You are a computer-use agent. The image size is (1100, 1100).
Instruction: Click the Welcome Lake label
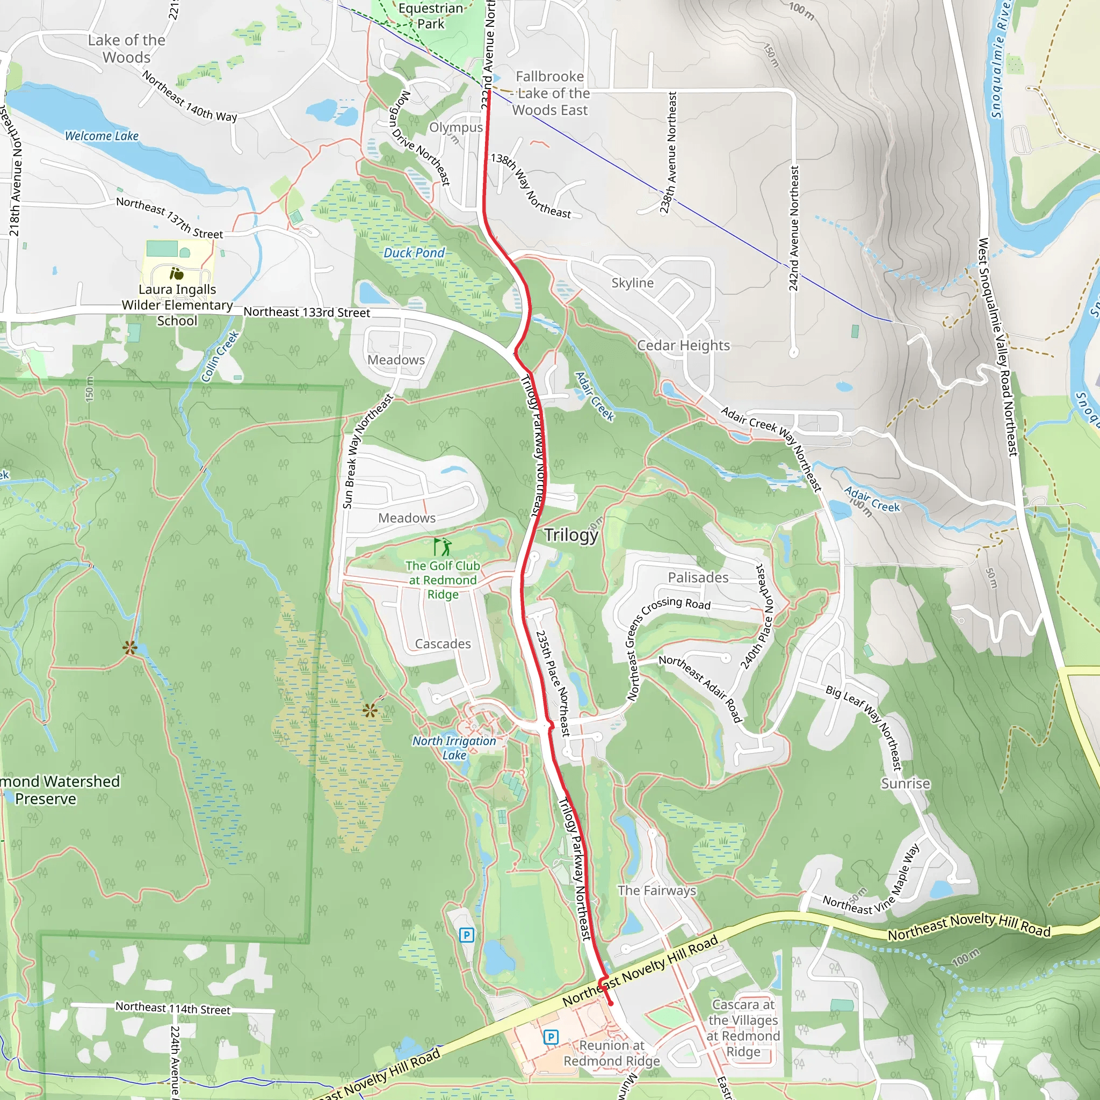(x=102, y=136)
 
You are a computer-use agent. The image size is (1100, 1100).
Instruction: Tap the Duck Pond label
(x=414, y=253)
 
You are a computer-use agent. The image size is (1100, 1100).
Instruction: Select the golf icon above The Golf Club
(x=443, y=547)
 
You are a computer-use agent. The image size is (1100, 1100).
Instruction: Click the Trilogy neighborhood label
(x=571, y=534)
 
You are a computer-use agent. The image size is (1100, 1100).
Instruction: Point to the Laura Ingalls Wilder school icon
(x=177, y=274)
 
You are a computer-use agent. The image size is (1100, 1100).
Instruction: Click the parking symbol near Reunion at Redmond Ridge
(x=551, y=1037)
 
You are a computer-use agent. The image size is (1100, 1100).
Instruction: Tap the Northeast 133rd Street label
(x=307, y=313)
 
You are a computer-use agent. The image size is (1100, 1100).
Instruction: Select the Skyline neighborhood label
(x=633, y=283)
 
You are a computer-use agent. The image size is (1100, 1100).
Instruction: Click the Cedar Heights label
(x=683, y=345)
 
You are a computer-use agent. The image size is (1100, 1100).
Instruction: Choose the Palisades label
(x=698, y=577)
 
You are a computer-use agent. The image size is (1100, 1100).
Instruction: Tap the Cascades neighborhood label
(x=443, y=644)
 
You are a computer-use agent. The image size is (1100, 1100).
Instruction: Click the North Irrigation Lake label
(x=454, y=748)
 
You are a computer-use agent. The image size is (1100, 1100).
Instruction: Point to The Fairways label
(x=657, y=891)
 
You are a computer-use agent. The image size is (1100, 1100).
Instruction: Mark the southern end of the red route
(x=611, y=1003)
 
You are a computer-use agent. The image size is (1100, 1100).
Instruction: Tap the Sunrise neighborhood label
(x=905, y=784)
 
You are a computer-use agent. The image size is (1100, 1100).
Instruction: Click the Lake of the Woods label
(x=126, y=49)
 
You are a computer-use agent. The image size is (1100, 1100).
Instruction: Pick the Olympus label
(x=456, y=127)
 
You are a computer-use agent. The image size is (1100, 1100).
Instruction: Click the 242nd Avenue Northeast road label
(x=794, y=228)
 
